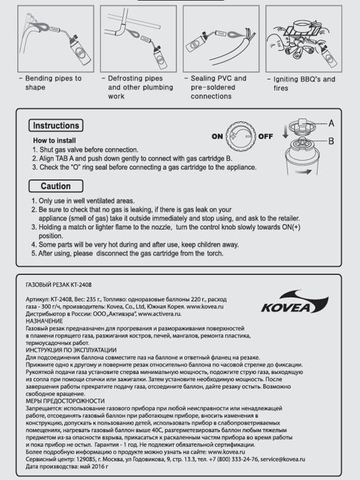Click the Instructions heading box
point(56,126)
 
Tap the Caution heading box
point(55,186)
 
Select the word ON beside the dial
point(218,136)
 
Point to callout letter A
point(331,124)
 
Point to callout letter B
point(331,141)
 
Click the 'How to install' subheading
point(57,141)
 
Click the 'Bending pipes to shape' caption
point(54,83)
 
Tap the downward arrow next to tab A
point(285,130)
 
